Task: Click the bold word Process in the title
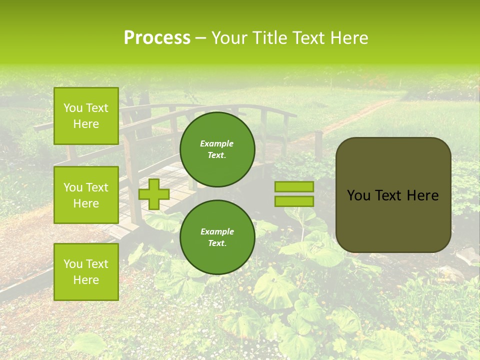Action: pos(157,38)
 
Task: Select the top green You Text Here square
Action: pos(86,116)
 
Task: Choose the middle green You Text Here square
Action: pos(86,195)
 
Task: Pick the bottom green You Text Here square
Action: pos(86,272)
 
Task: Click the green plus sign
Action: pos(153,194)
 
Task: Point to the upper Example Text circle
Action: pos(217,149)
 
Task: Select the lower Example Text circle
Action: pos(217,237)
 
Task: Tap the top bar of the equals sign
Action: pos(294,186)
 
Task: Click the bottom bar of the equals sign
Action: pos(294,201)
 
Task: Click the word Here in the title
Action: pos(349,38)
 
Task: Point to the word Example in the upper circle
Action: pos(217,143)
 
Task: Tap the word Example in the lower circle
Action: pos(217,231)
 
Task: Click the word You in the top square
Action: pos(72,108)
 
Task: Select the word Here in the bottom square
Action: pos(86,280)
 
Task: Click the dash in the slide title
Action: pos(201,38)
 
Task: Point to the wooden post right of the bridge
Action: pos(318,145)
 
